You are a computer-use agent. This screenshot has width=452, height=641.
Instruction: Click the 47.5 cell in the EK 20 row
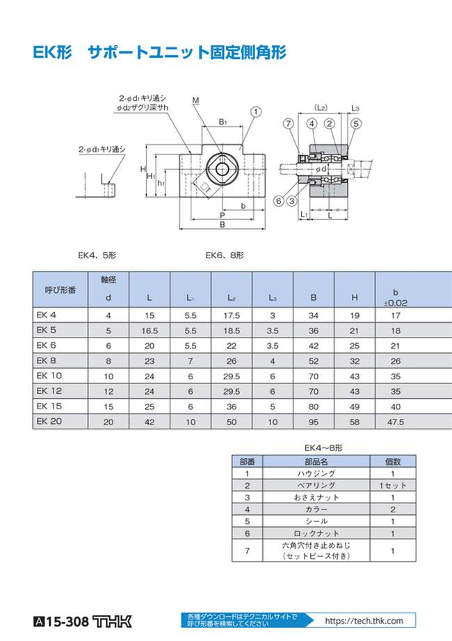pos(396,422)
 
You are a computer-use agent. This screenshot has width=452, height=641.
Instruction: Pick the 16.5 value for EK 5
pos(150,331)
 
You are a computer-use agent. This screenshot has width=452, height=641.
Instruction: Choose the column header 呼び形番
pos(60,289)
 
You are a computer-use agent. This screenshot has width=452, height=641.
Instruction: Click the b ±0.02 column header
pos(396,297)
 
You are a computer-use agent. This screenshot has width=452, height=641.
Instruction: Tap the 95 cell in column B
pos(314,422)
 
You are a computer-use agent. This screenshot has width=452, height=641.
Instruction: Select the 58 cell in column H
pos(355,422)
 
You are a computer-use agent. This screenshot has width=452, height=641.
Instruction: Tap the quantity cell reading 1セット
pos(393,485)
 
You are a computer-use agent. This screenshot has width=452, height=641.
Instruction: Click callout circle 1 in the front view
pos(257,111)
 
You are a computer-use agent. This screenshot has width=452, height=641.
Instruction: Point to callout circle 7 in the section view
pos(288,123)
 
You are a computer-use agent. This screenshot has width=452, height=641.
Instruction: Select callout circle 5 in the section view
pos(355,123)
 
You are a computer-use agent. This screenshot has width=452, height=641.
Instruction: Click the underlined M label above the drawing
pos(195,102)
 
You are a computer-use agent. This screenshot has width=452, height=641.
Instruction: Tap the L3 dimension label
pos(355,109)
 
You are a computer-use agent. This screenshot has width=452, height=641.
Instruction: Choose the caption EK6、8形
pos(225,255)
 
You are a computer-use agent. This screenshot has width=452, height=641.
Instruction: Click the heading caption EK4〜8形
pos(323,447)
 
